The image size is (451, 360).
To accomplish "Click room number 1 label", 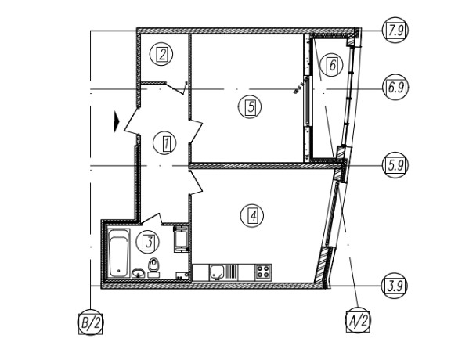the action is coord(164,143).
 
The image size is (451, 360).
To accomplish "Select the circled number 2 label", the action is coord(161,54).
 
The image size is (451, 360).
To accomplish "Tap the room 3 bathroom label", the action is coord(148,242).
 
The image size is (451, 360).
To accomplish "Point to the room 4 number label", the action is coord(252,215).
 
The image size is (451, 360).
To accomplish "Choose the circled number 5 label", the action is coord(250,106).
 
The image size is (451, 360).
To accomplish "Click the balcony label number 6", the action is coord(332,65).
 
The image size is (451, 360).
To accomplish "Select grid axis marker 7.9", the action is coord(395,31).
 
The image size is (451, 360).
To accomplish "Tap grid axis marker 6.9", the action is coord(395,87).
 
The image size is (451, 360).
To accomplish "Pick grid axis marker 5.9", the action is coord(395,165).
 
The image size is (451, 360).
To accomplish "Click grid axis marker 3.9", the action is coord(395,286).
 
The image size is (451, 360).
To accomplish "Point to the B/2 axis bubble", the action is coord(91,322).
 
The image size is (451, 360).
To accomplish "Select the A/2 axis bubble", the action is coord(358,320).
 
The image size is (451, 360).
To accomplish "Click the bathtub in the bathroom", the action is coord(118,253).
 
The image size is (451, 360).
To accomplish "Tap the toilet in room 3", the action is coord(154,268).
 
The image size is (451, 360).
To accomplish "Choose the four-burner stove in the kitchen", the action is coord(263,272).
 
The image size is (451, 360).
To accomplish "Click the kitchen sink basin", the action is coord(217,272).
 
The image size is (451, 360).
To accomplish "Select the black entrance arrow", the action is coord(117,121).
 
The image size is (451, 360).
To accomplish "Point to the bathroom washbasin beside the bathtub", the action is coord(139,273).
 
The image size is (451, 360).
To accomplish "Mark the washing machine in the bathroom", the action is coord(181,239).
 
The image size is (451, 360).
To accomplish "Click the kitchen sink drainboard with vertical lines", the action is coord(231,272).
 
